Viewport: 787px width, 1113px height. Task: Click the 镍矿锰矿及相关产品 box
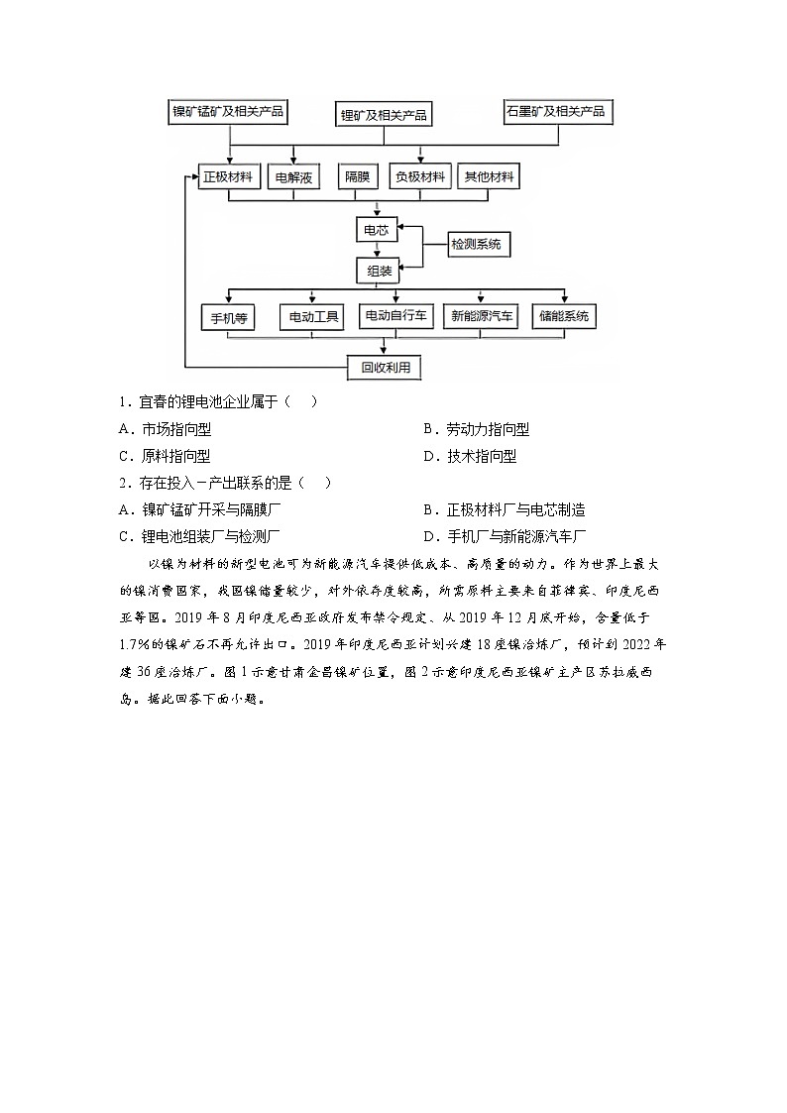[x=228, y=111]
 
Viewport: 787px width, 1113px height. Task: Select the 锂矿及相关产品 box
[x=384, y=115]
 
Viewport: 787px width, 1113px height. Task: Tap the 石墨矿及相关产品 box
[x=555, y=111]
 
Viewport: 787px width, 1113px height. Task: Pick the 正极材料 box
[x=229, y=177]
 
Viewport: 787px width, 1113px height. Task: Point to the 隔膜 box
[x=357, y=178]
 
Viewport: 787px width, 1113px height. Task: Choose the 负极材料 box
[x=420, y=177]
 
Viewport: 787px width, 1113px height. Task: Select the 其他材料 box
[x=490, y=177]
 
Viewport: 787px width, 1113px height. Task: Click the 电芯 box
[x=377, y=230]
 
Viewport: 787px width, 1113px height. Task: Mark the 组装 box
[x=377, y=270]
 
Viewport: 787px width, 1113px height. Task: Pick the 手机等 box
[x=228, y=317]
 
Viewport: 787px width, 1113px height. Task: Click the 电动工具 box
[x=311, y=317]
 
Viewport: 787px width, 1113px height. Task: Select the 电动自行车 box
[x=395, y=316]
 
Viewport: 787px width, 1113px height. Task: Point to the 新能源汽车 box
[x=482, y=316]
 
